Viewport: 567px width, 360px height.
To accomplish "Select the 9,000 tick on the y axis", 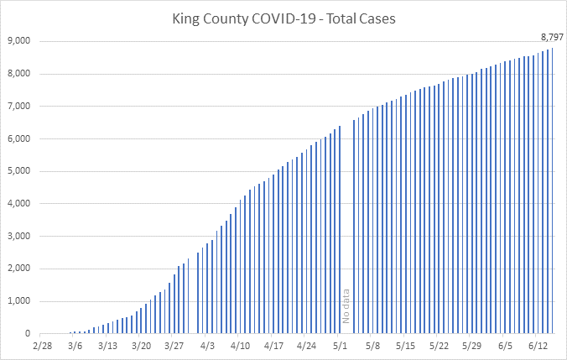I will pos(19,41).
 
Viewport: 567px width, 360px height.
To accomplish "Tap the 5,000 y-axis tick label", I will pos(19,171).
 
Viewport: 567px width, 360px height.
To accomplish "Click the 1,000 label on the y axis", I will pos(19,302).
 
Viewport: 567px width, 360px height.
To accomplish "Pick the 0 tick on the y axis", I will pos(28,334).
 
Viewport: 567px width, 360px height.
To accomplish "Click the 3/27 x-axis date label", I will pos(174,346).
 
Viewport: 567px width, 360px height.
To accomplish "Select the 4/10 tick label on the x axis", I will pos(241,346).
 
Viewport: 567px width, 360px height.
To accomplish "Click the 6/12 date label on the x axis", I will pos(538,346).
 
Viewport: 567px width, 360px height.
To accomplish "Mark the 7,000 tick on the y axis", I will pos(19,107).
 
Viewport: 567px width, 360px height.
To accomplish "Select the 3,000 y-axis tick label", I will pos(19,237).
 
